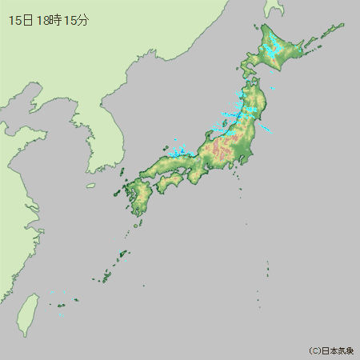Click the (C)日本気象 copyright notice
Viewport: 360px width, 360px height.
331,350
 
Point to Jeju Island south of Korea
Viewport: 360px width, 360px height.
91,186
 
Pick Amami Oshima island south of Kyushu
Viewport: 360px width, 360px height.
123,255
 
